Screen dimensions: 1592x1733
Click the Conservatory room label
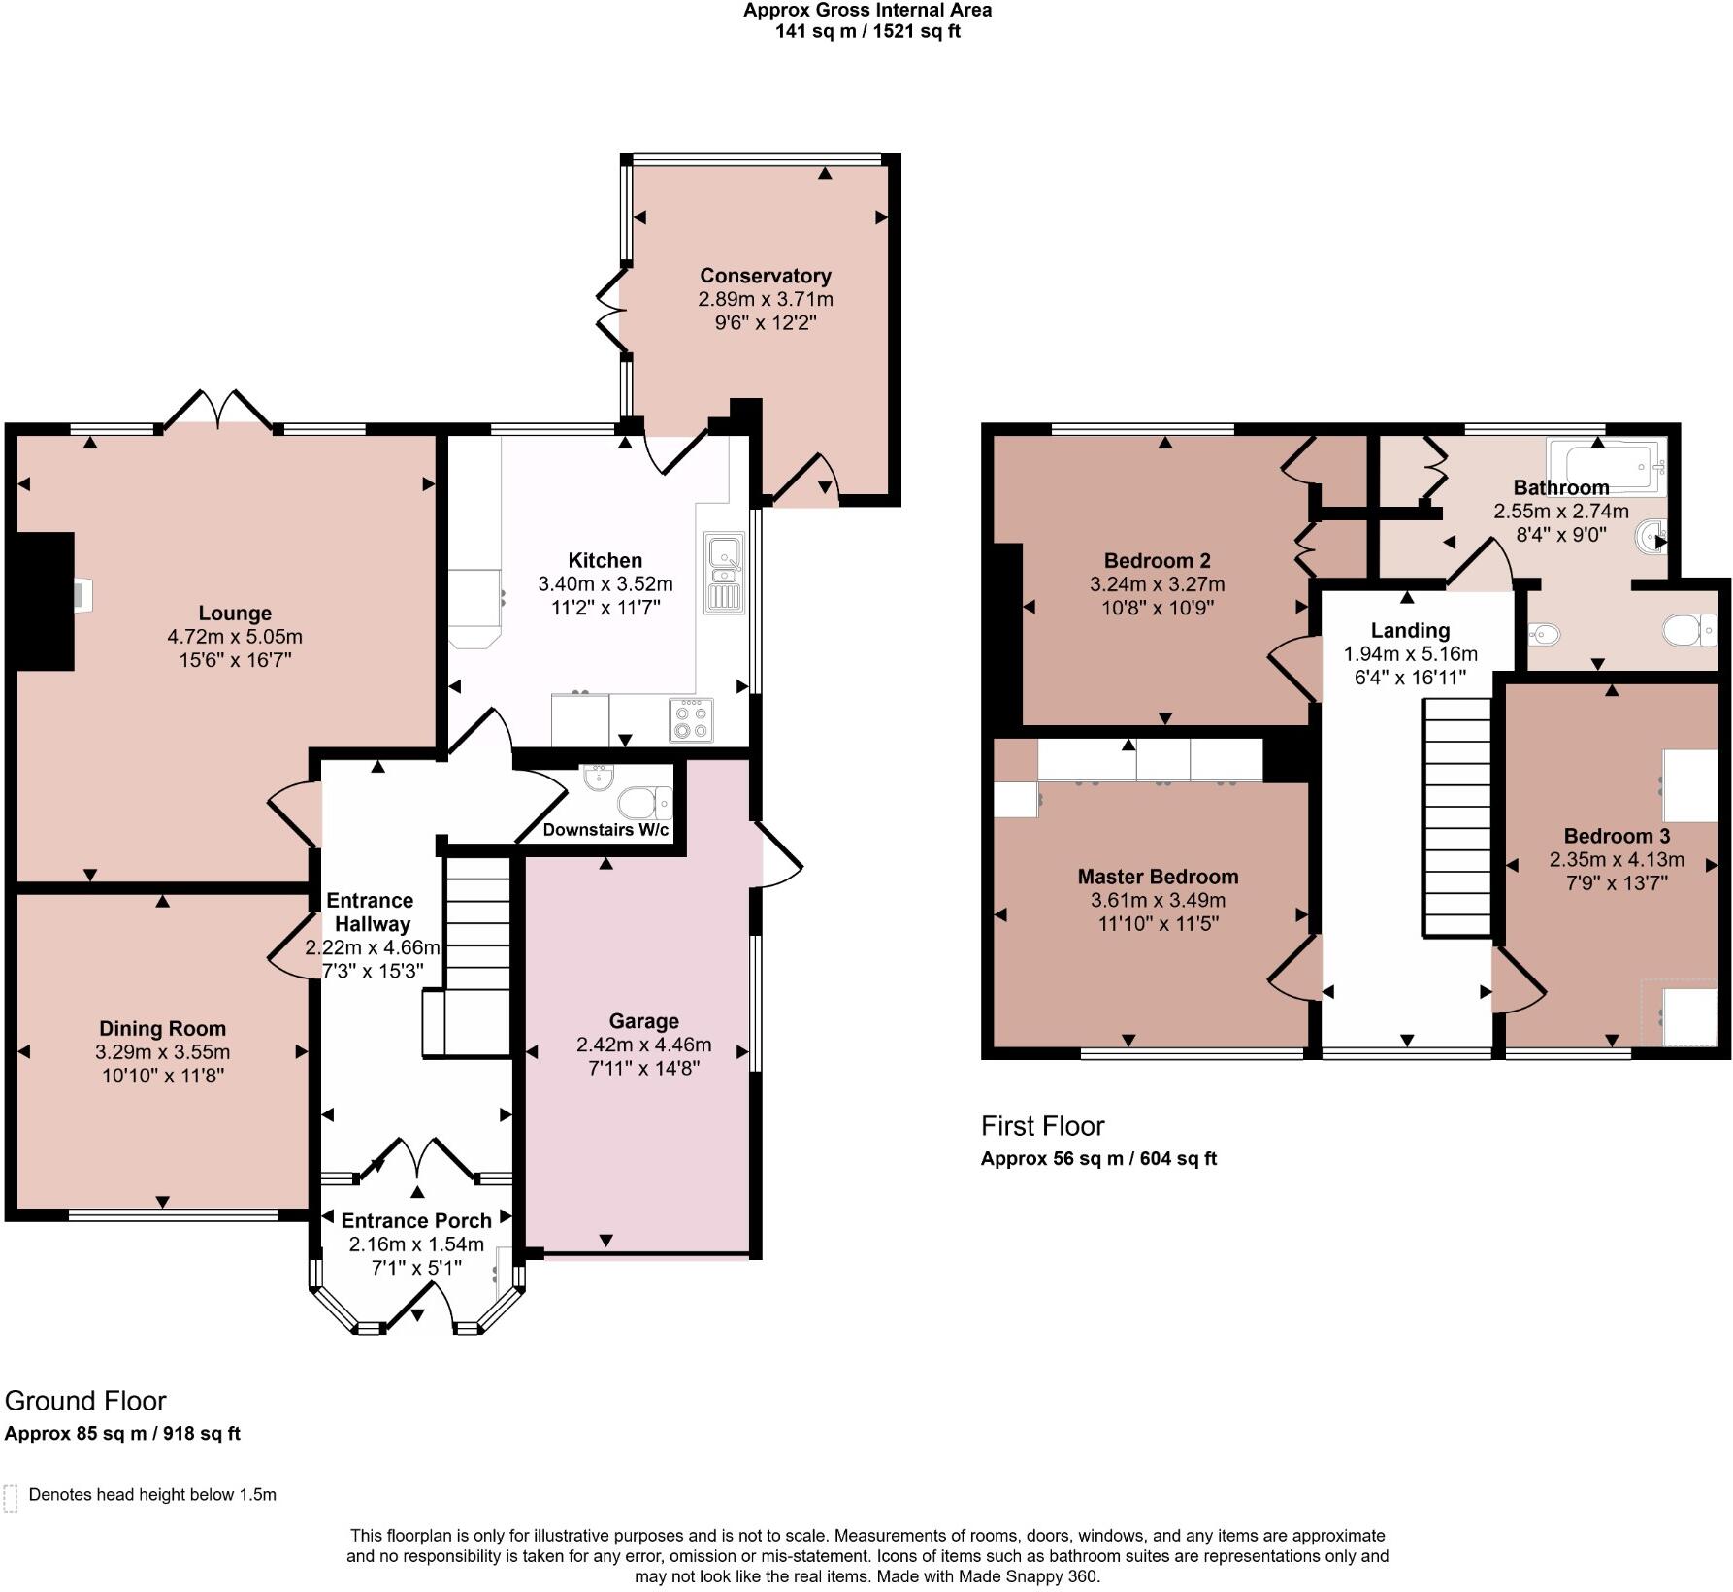[765, 276]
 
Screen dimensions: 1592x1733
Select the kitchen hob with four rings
[691, 721]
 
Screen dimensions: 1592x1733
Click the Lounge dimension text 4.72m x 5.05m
[235, 637]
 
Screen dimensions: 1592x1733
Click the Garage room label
[643, 1021]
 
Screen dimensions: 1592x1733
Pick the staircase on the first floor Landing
[1456, 815]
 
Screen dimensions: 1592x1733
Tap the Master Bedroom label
[1158, 877]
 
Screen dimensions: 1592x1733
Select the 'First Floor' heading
[1042, 1126]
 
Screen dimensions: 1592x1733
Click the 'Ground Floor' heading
[85, 1401]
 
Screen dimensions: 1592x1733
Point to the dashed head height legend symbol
[11, 1498]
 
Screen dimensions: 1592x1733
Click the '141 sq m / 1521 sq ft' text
[866, 31]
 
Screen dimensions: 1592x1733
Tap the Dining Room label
[162, 1028]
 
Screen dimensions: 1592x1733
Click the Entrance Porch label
[416, 1220]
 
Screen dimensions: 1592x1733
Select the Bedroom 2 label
[1157, 560]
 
